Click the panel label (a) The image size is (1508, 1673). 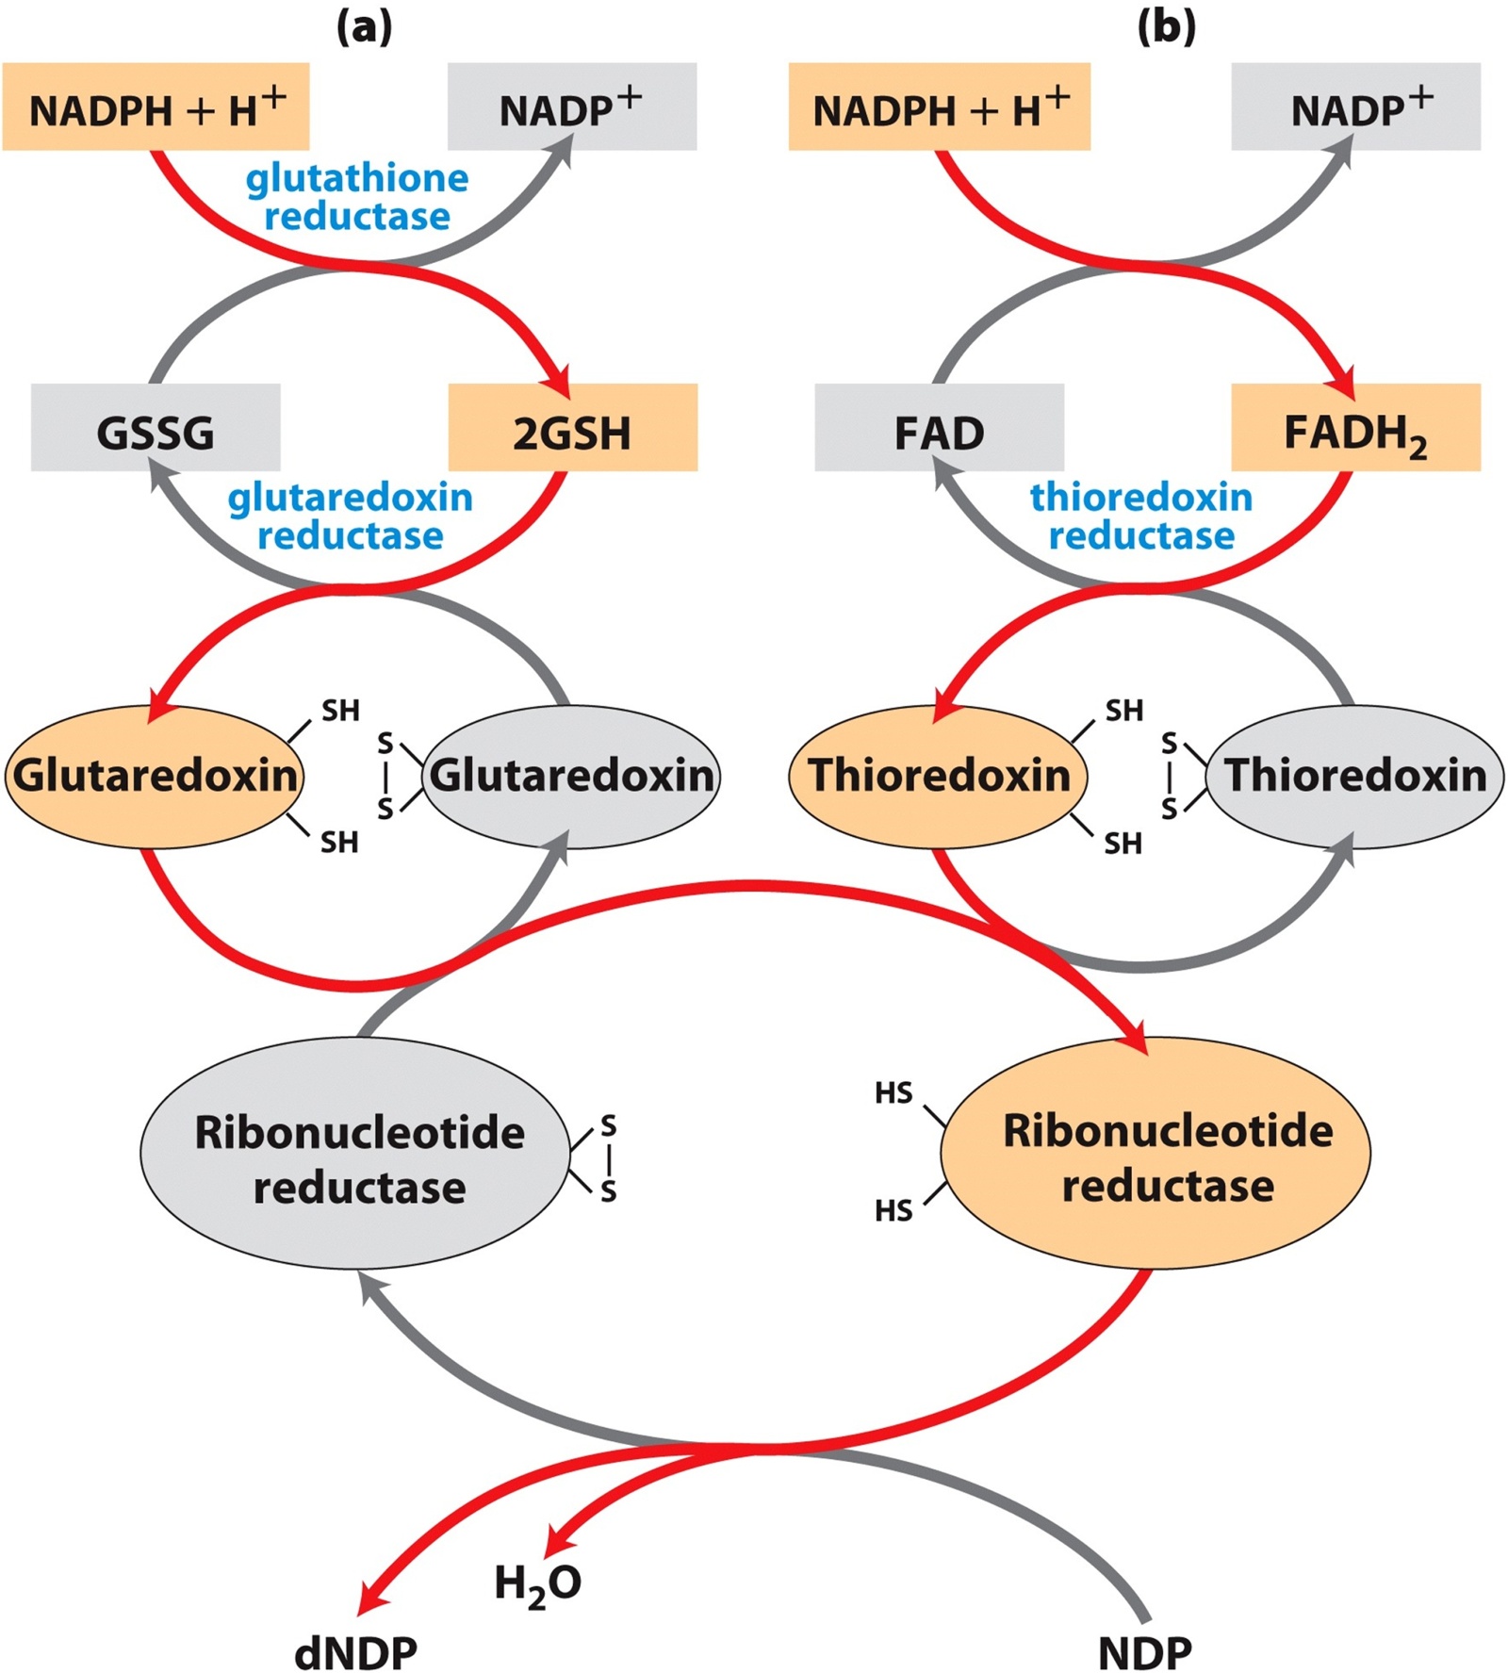[x=364, y=27]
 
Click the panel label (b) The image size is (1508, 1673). [x=1167, y=27]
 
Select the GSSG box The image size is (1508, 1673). [x=156, y=428]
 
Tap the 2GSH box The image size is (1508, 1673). [x=572, y=428]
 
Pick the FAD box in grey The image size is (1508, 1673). [x=939, y=428]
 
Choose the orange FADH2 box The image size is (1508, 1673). [x=1355, y=428]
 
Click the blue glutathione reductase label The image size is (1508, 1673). [x=357, y=197]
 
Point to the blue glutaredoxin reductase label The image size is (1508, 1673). [x=351, y=516]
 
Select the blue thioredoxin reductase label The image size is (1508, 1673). [x=1141, y=516]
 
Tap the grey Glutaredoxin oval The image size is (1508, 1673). [x=571, y=776]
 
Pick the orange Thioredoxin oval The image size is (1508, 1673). [x=939, y=776]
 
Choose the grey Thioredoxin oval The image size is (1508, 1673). [x=1355, y=776]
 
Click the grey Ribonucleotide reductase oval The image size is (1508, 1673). [x=358, y=1158]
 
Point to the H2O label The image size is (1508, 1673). [x=537, y=1583]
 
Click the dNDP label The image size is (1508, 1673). [x=355, y=1652]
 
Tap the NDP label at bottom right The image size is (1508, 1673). [x=1144, y=1652]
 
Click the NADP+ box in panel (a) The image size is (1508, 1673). [x=571, y=107]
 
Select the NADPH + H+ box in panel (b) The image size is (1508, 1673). [x=939, y=107]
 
